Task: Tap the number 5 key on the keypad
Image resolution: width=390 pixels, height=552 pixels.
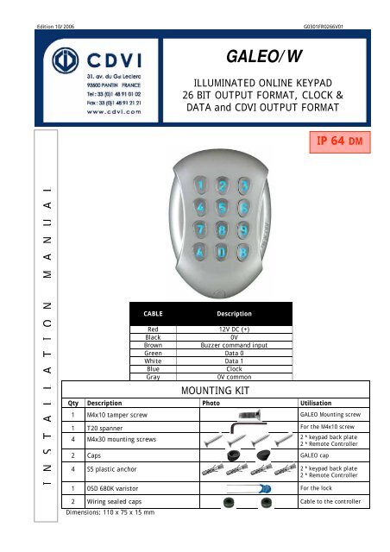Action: tap(223, 208)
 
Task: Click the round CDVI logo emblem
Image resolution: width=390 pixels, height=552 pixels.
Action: tap(52, 69)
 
